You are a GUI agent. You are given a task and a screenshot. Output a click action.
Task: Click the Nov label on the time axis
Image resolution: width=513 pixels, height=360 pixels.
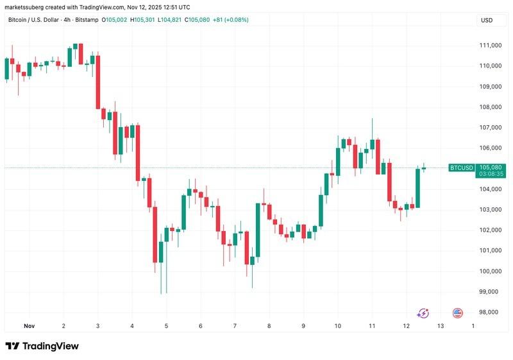click(29, 326)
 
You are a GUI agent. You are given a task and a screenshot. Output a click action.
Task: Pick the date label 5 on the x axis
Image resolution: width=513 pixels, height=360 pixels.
click(166, 326)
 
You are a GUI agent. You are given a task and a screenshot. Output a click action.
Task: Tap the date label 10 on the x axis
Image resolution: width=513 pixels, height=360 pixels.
click(337, 326)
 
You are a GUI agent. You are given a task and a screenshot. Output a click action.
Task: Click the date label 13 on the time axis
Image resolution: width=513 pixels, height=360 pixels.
click(440, 326)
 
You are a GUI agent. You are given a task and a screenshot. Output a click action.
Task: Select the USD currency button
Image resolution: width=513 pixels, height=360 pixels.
click(487, 21)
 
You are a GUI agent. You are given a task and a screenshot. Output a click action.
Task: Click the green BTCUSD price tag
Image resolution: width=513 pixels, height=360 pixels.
click(462, 167)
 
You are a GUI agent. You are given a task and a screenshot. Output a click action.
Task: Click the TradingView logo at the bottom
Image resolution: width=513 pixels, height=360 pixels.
click(42, 346)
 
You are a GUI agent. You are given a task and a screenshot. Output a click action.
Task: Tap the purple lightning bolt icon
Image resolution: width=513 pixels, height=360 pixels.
click(423, 313)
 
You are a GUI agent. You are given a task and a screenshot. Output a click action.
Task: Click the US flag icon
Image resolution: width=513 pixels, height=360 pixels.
click(458, 313)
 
